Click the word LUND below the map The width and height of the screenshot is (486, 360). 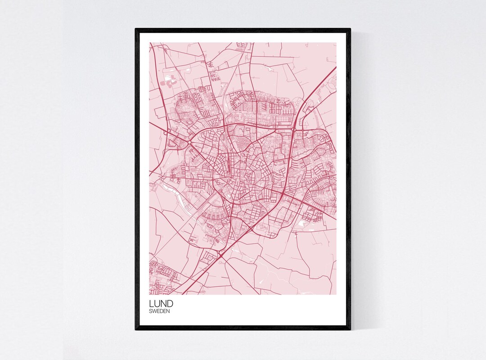pos(161,303)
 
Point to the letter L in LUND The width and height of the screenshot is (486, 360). pos(152,303)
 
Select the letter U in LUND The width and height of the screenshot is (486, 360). pos(157,303)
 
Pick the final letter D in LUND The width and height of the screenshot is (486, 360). pos(170,303)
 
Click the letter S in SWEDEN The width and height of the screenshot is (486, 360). pos(151,311)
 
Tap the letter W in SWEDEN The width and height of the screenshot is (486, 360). pos(154,311)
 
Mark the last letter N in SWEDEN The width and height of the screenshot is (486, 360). pos(168,311)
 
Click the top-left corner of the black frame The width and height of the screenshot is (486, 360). pos(136,29)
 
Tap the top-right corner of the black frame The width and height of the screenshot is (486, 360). pos(350,29)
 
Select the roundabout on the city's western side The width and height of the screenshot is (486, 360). pos(189,142)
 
